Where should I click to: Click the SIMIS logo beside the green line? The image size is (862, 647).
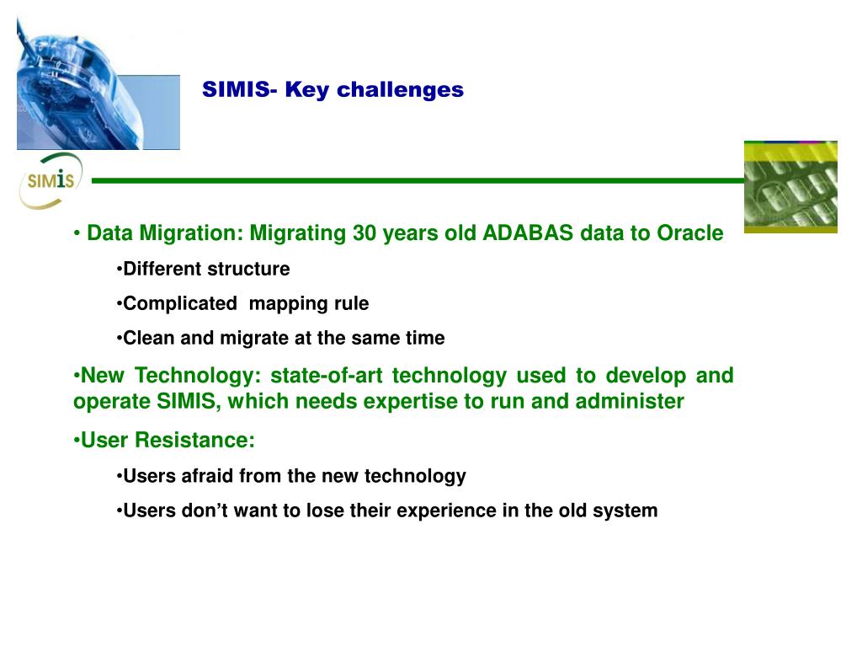click(x=51, y=180)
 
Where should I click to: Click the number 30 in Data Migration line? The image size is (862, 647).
click(x=364, y=233)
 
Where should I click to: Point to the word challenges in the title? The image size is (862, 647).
click(x=400, y=89)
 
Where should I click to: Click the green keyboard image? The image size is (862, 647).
click(x=790, y=187)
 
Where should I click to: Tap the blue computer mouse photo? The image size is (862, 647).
click(x=98, y=83)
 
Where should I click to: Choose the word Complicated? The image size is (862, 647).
click(x=180, y=303)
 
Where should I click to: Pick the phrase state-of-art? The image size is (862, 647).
click(x=327, y=375)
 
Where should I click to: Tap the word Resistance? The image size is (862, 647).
click(x=194, y=440)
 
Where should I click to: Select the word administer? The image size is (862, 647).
click(x=630, y=401)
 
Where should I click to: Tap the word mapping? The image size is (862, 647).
click(x=280, y=304)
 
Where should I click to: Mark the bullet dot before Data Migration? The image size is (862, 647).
click(x=77, y=234)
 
